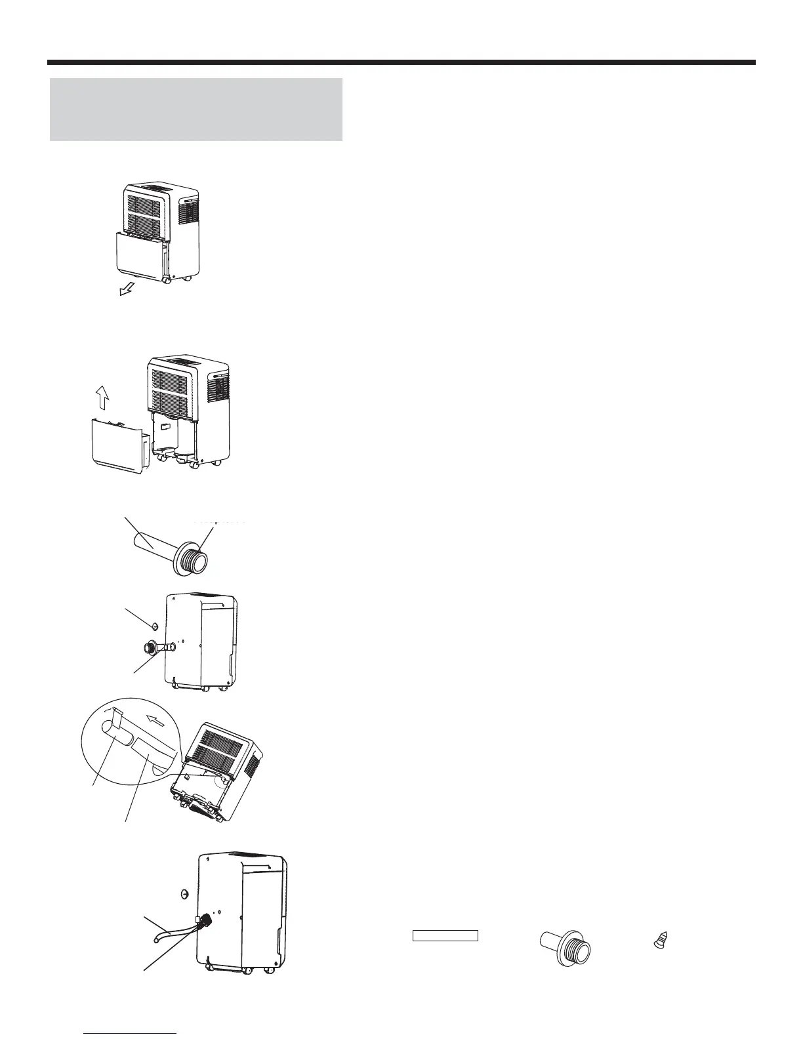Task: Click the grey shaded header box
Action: tap(196, 110)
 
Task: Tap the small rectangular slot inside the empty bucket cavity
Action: tap(168, 427)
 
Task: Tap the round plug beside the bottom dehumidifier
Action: tap(184, 893)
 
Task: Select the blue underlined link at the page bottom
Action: tap(131, 1034)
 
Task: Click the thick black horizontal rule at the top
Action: tap(401, 63)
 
